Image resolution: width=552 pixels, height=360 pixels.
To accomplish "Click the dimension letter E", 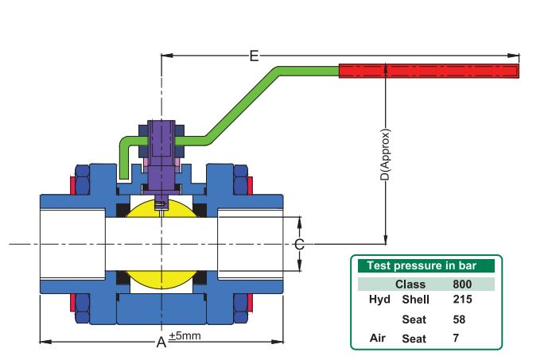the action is tap(254, 56).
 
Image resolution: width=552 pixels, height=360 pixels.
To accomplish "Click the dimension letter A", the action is tap(161, 342).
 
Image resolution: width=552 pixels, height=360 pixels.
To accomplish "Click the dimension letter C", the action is tap(299, 244).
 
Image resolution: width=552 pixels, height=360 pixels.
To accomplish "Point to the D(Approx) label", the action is tap(386, 155).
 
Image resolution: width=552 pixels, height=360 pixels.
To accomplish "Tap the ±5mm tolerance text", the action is tap(185, 335).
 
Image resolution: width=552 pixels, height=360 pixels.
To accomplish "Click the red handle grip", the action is tap(429, 71).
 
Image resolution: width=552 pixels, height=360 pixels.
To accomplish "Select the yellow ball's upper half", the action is tap(161, 209).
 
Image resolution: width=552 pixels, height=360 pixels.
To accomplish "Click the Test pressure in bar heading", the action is tap(422, 265).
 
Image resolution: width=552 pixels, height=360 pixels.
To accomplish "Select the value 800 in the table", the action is tap(462, 284).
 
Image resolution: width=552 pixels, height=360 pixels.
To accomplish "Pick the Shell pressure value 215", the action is tap(462, 299).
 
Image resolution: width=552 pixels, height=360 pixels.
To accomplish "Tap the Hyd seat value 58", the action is tap(459, 319).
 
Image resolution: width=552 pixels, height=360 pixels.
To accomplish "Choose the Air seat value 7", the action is tap(456, 339).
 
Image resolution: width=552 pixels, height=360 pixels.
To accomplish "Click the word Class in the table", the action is tap(410, 284).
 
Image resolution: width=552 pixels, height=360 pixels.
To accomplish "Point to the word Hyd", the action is tap(379, 300).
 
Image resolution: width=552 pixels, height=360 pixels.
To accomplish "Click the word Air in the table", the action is tap(377, 339).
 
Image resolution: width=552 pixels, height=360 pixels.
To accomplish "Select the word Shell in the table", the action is tap(415, 300).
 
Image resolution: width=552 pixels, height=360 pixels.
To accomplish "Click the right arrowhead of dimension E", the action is tap(513, 56).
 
